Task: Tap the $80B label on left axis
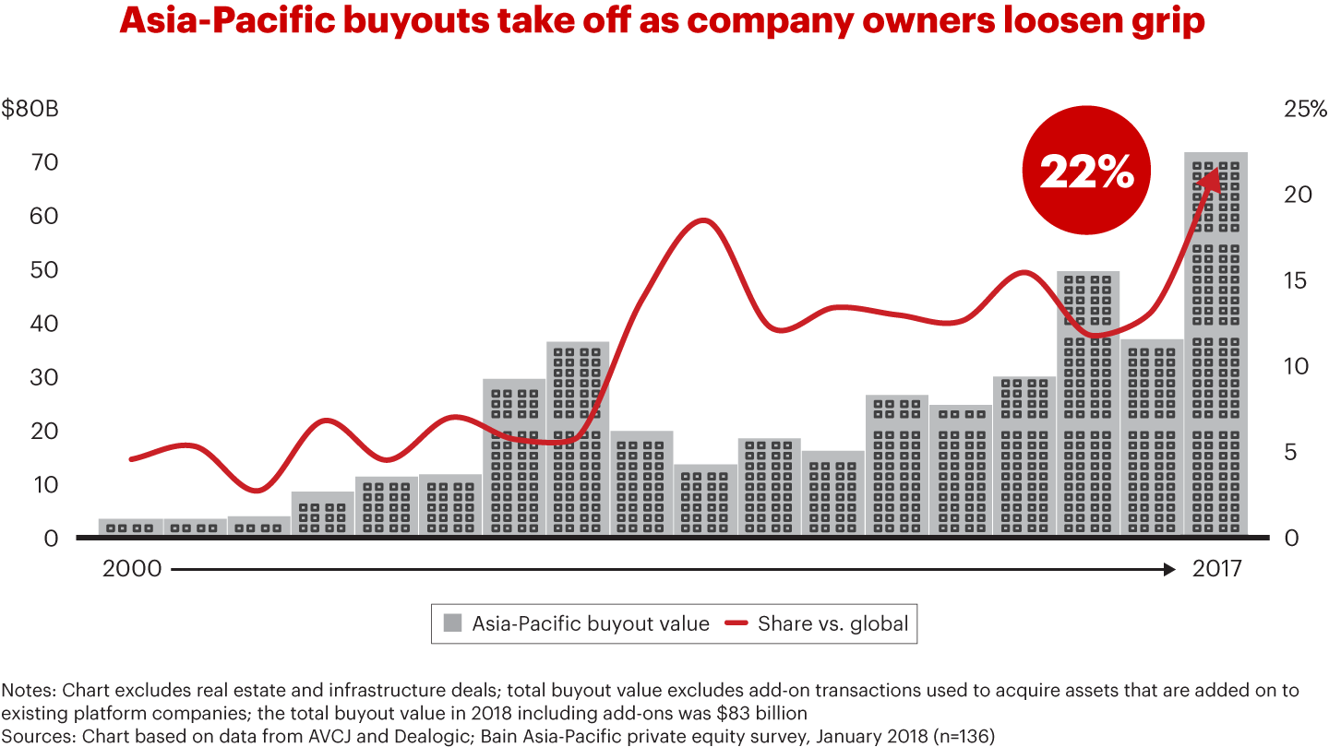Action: pyautogui.click(x=30, y=109)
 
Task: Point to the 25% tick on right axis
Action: pyautogui.click(x=1305, y=109)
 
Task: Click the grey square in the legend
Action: pyautogui.click(x=452, y=623)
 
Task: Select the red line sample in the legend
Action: pyautogui.click(x=736, y=623)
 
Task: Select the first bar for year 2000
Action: pyautogui.click(x=131, y=526)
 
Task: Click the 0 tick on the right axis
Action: pyautogui.click(x=1290, y=538)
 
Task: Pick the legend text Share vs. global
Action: pyautogui.click(x=832, y=623)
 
